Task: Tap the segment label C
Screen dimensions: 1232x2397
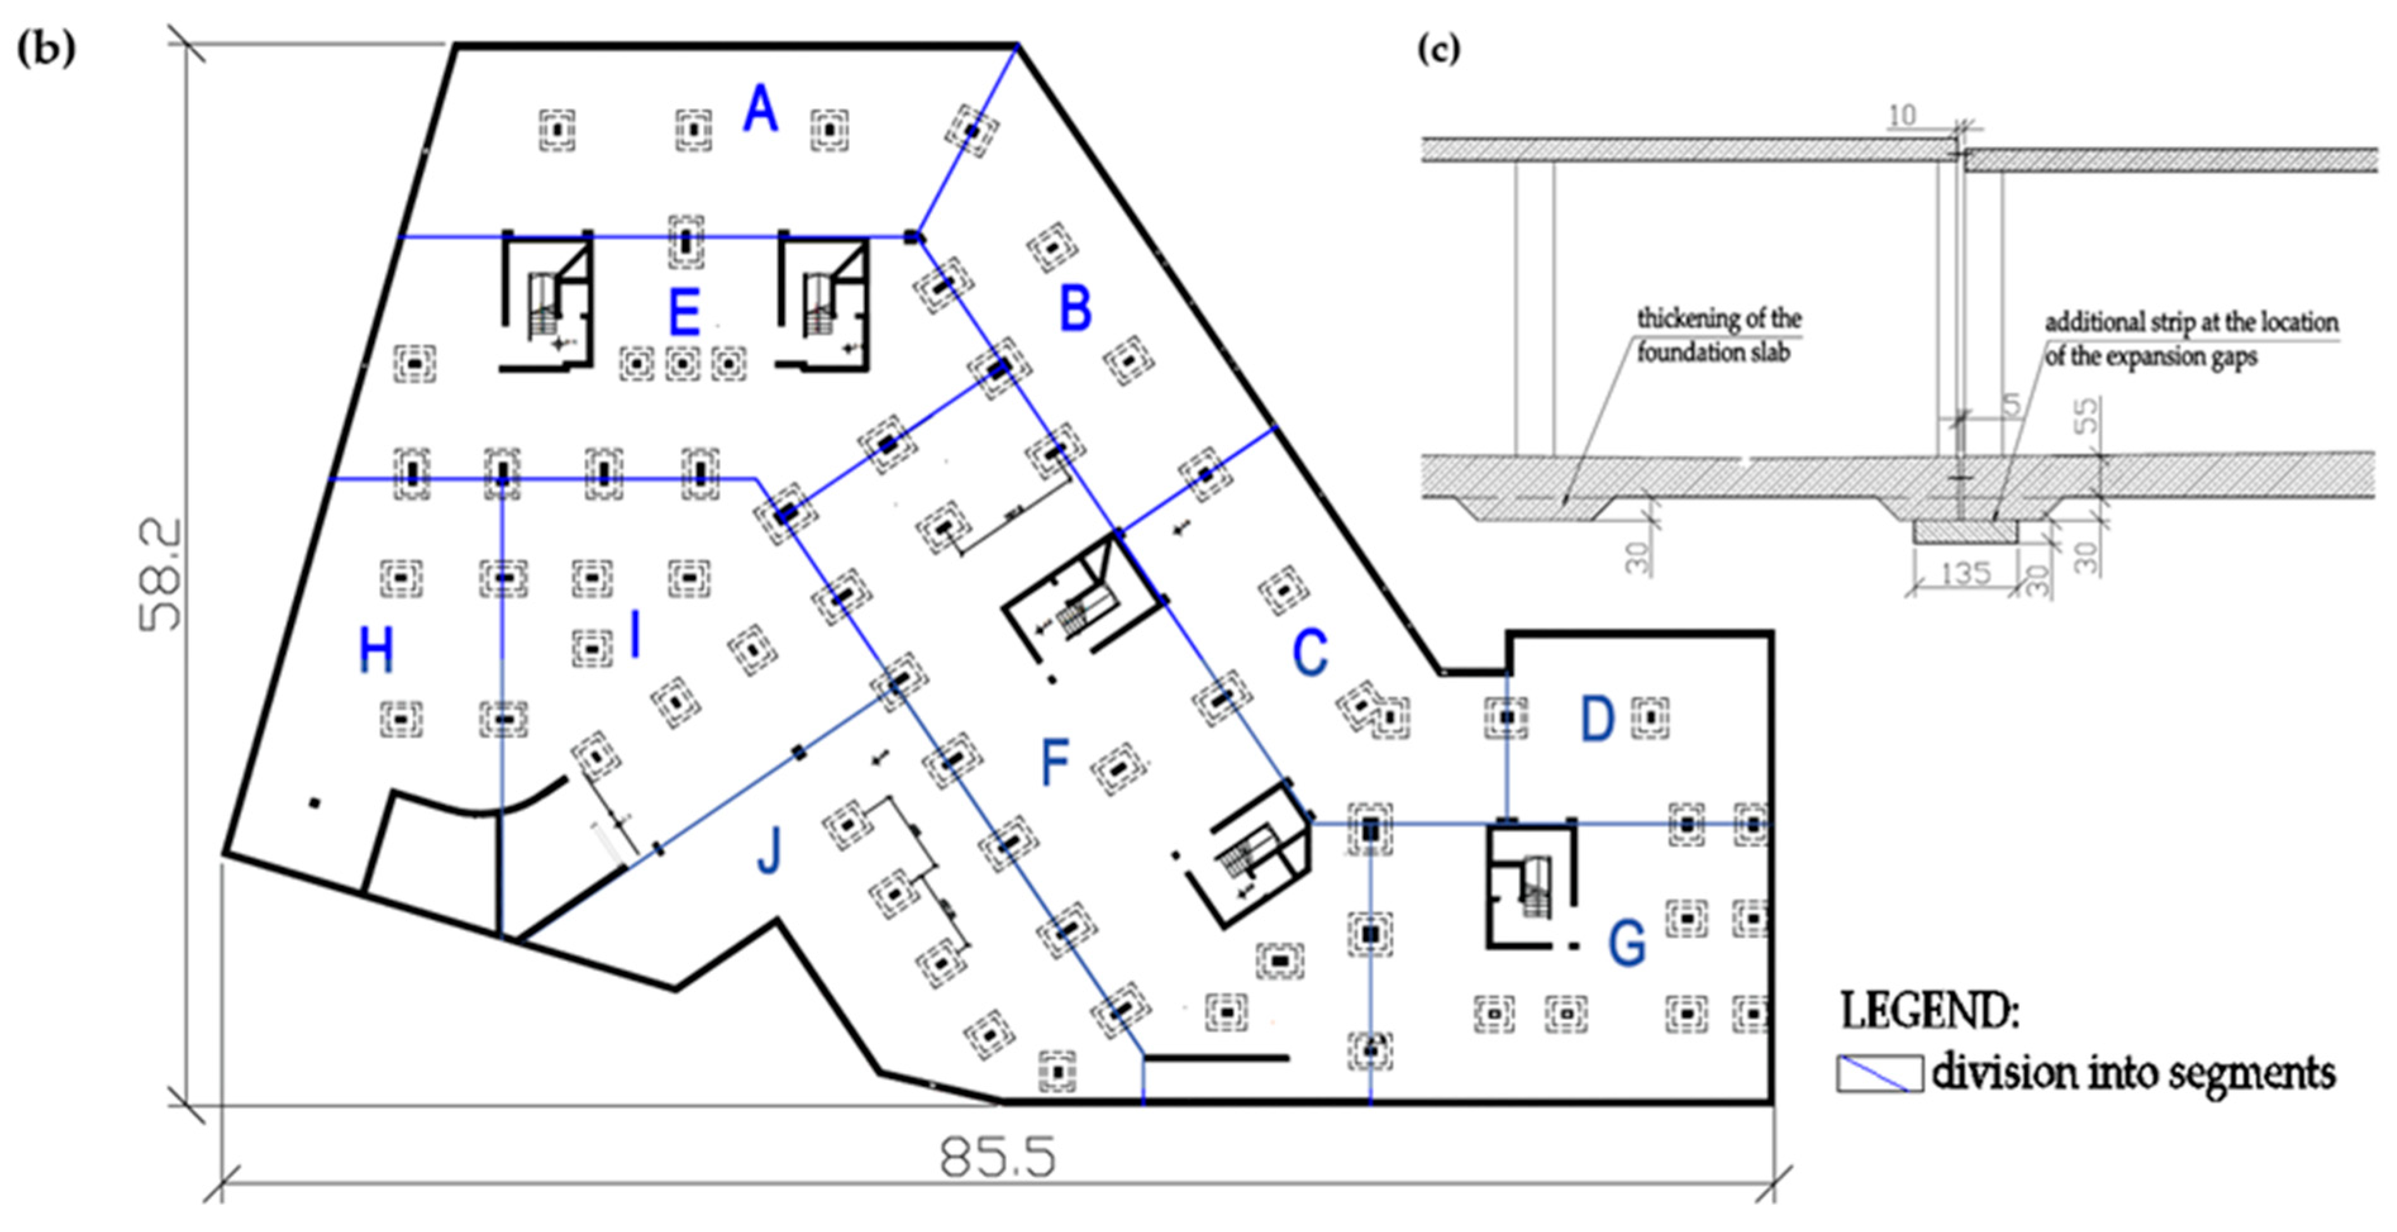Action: [x=1310, y=653]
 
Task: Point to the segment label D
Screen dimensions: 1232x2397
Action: [x=1598, y=719]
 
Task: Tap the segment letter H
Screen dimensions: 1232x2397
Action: [x=376, y=650]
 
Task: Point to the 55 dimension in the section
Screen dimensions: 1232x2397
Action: [x=2087, y=415]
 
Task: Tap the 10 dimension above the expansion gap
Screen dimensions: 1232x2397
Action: [x=1902, y=115]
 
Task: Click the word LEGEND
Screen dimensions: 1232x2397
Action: [x=1929, y=1011]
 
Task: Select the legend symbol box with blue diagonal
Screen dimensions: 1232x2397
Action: [x=1879, y=1073]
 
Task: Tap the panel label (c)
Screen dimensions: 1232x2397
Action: [x=1438, y=48]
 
